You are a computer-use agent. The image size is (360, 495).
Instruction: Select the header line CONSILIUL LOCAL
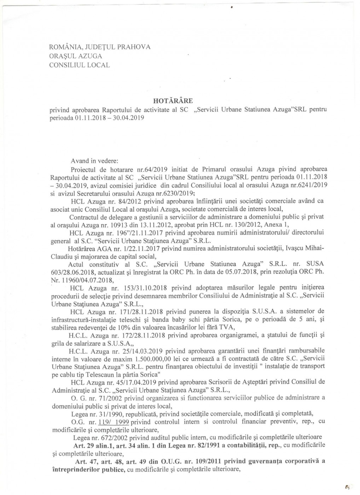[x=79, y=65]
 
